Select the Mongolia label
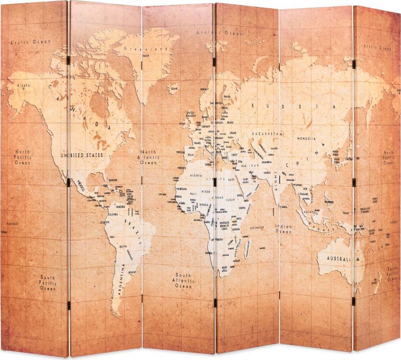tap(306, 139)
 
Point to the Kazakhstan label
tap(267, 135)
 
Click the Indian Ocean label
tap(283, 229)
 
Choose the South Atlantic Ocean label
tap(183, 280)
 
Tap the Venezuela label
tap(120, 207)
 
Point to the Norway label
tap(204, 89)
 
